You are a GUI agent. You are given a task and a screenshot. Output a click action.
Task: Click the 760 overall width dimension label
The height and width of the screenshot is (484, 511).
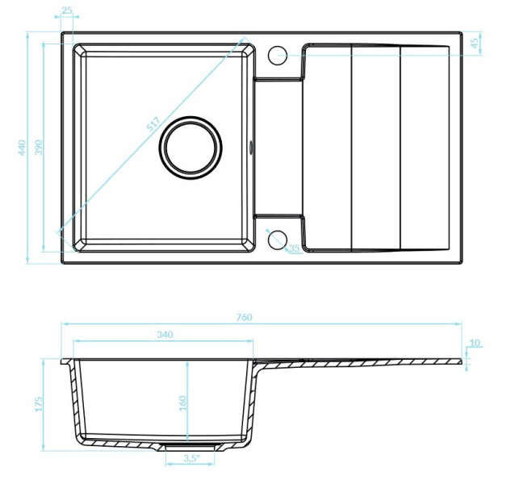(x=244, y=317)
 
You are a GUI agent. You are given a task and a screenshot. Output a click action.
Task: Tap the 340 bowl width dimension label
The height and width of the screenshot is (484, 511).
(x=165, y=335)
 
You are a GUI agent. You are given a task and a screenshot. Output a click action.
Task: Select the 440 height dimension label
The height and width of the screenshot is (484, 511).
(x=22, y=148)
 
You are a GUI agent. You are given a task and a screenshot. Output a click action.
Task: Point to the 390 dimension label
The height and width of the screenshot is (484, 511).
(x=39, y=148)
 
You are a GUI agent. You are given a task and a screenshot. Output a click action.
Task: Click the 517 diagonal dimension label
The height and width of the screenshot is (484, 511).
(x=153, y=123)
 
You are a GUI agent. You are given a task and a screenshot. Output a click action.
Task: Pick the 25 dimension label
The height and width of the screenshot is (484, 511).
(x=67, y=10)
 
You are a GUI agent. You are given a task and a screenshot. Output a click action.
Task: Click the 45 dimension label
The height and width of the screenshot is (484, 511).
(x=475, y=43)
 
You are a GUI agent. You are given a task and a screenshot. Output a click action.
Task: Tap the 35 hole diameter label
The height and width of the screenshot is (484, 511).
(x=294, y=248)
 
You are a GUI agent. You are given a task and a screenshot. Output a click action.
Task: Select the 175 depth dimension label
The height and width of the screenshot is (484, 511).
(x=39, y=404)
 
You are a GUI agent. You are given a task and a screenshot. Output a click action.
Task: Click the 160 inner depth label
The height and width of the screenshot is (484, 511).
(x=182, y=403)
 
